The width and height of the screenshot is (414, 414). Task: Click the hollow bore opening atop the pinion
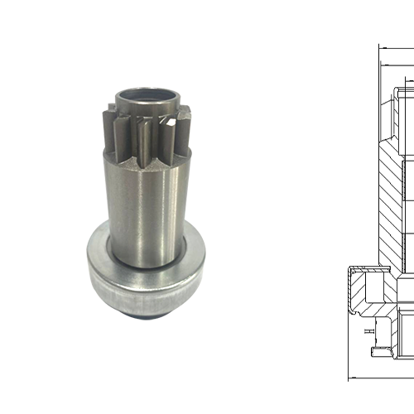click(x=147, y=97)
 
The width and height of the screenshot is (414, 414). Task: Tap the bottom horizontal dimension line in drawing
click(x=381, y=376)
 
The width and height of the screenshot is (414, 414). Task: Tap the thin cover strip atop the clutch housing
click(x=364, y=268)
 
